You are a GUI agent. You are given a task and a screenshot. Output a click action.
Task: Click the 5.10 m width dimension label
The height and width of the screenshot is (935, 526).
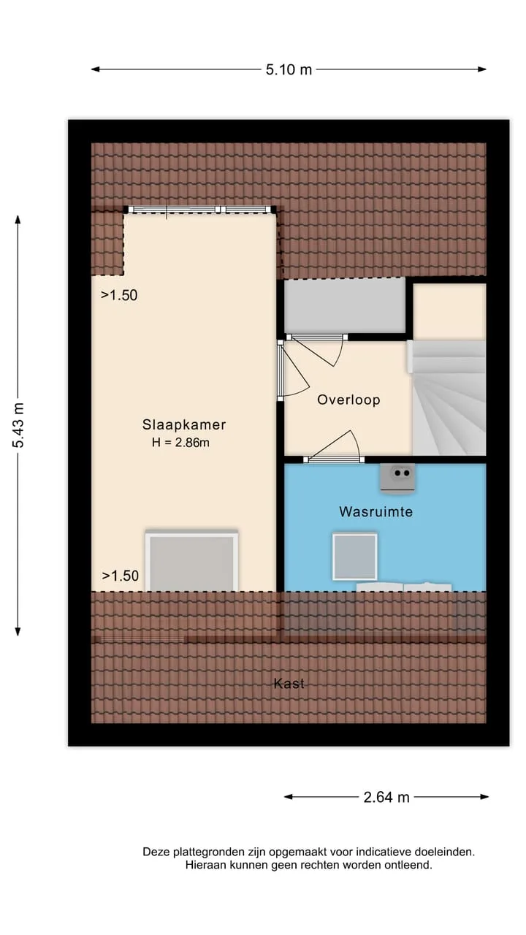tap(289, 69)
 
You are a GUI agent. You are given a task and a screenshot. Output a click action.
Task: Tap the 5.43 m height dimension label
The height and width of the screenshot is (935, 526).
tap(18, 425)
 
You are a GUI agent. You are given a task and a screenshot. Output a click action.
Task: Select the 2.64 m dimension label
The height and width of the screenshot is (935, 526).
tap(386, 797)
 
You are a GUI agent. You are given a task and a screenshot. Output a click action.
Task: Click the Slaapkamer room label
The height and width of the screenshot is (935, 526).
tap(184, 424)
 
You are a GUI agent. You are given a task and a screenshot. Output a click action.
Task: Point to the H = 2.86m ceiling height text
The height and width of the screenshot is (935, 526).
tap(180, 443)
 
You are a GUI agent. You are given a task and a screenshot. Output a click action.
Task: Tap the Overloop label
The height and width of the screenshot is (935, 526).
tap(348, 400)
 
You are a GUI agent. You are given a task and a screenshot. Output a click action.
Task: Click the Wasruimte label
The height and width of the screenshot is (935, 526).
tap(376, 512)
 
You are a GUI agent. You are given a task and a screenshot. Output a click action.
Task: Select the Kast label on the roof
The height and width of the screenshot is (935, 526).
tap(289, 684)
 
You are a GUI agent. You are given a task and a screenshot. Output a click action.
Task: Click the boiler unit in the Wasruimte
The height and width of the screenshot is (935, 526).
tap(397, 478)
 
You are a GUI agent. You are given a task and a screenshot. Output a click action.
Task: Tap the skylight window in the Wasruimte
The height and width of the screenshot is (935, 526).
tap(355, 557)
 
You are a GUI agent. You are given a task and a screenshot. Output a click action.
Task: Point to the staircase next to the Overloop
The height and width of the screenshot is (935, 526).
tap(449, 398)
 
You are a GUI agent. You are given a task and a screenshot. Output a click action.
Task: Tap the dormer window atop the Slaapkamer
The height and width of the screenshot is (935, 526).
tap(199, 210)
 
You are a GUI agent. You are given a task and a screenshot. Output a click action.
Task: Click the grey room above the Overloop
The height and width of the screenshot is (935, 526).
tap(344, 306)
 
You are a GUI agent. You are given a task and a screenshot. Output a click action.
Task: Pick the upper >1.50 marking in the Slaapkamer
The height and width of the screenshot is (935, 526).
tap(119, 296)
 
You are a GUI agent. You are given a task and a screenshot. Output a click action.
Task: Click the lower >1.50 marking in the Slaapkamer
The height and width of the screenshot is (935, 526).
tap(121, 576)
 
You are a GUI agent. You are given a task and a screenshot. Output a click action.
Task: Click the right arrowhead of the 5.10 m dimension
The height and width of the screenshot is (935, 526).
tap(483, 69)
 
